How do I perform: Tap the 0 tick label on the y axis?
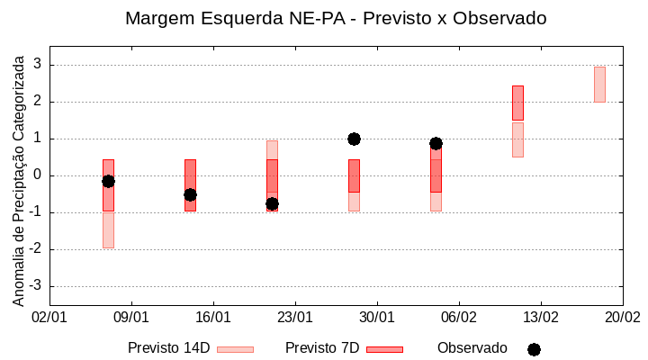point(37,175)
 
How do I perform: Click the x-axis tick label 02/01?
point(49,318)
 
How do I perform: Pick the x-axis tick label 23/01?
point(295,318)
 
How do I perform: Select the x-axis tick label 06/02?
point(459,318)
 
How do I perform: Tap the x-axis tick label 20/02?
point(622,318)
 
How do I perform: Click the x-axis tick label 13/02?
point(541,318)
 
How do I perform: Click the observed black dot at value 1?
point(354,139)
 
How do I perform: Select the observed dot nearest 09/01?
point(108,181)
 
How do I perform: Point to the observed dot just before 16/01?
point(190,194)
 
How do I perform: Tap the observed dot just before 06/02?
point(436,143)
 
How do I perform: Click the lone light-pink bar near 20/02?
point(599,85)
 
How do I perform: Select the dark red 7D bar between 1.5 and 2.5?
point(517,103)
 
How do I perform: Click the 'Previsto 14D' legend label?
point(168,348)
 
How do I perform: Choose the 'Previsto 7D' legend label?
point(322,348)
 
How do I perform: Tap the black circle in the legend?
point(534,349)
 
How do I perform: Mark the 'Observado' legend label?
point(472,348)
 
